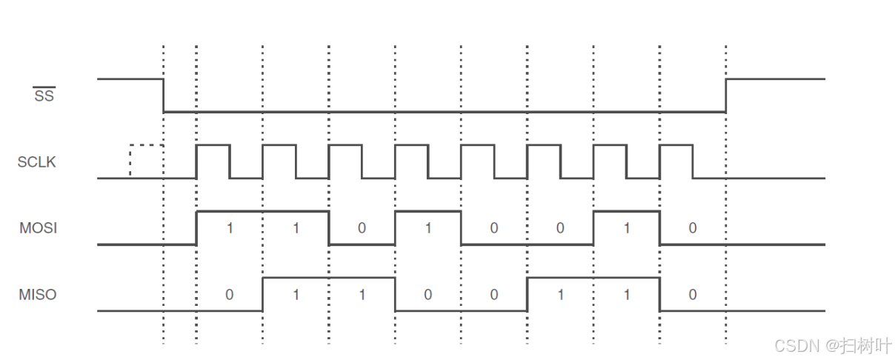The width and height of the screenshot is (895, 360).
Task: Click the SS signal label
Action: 44,95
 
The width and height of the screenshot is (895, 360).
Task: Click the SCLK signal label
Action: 37,161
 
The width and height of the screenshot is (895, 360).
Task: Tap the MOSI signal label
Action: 38,228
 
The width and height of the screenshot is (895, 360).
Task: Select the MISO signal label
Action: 38,294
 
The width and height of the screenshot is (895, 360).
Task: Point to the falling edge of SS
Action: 164,95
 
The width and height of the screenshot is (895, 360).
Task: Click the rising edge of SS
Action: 726,95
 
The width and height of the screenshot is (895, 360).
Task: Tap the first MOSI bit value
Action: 230,228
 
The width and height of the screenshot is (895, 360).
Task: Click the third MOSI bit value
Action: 362,228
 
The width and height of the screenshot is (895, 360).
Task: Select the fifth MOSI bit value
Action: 494,228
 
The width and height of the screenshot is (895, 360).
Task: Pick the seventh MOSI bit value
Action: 627,228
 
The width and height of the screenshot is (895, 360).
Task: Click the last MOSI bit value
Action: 693,228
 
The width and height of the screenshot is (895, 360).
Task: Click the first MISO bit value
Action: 230,295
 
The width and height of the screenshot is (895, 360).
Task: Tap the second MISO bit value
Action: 296,295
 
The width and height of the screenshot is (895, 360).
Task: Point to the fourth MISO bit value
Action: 428,295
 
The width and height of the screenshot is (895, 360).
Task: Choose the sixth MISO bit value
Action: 560,295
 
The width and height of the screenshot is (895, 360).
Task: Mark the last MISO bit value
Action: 693,295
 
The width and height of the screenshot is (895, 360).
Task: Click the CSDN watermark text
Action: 833,345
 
